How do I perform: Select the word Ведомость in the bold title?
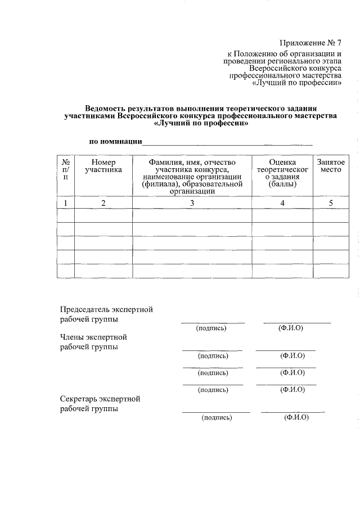pos(107,108)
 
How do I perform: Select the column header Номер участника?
pos(103,165)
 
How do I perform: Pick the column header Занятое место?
pos(331,165)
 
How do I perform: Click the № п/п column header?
pos(66,169)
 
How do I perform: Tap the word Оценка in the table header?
pos(282,162)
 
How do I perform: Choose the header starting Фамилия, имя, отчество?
pos(192,162)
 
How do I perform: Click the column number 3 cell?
pos(192,203)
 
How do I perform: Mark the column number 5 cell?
pos(331,203)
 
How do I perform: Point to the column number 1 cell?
pos(66,203)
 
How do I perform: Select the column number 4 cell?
pos(282,203)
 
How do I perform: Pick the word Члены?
pos(73,337)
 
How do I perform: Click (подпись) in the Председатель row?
pos(211,328)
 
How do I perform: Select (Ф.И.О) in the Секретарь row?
pos(296,417)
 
